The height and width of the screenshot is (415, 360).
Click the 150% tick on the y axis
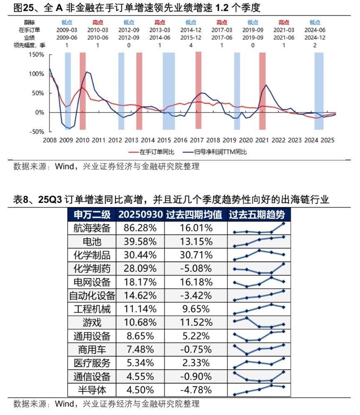pyautogui.click(x=36, y=55)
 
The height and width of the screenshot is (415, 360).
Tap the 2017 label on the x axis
pyautogui.click(x=197, y=140)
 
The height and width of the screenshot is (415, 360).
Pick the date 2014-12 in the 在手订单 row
pyautogui.click(x=191, y=30)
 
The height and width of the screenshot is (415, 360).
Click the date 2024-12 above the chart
pyautogui.click(x=315, y=37)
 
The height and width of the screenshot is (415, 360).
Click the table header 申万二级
pyautogui.click(x=92, y=215)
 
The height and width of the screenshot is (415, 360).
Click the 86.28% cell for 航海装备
pyautogui.click(x=140, y=228)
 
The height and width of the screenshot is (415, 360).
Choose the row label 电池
pyautogui.click(x=92, y=241)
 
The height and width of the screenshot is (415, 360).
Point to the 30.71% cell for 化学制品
pyautogui.click(x=196, y=255)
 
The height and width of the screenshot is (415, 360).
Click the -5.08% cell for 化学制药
pyautogui.click(x=196, y=268)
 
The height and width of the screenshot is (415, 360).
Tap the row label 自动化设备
pyautogui.click(x=92, y=296)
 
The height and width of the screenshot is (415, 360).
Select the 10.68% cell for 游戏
pyautogui.click(x=140, y=322)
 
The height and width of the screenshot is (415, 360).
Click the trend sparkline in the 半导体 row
pyautogui.click(x=259, y=390)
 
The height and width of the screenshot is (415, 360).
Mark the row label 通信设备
pyautogui.click(x=92, y=377)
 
